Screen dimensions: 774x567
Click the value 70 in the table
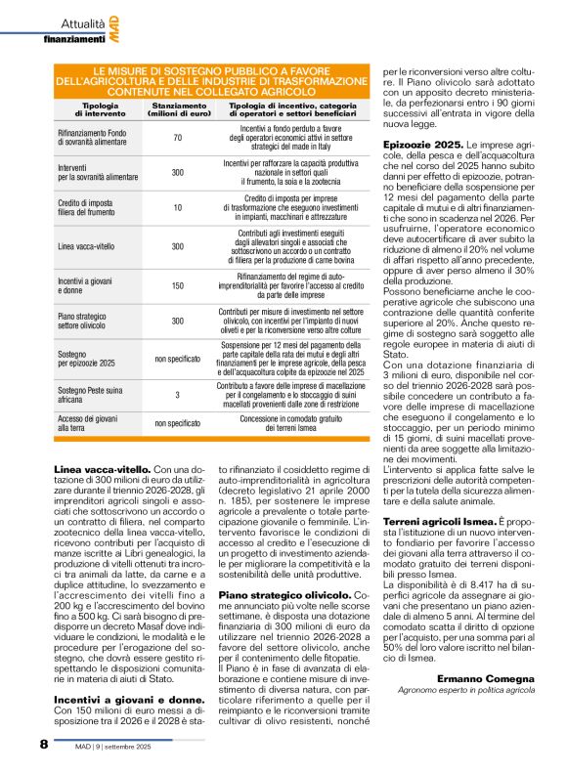(177, 138)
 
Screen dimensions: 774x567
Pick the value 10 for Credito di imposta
(177, 207)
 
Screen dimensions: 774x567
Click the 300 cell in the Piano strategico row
(177, 321)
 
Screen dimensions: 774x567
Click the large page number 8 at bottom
(44, 745)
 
